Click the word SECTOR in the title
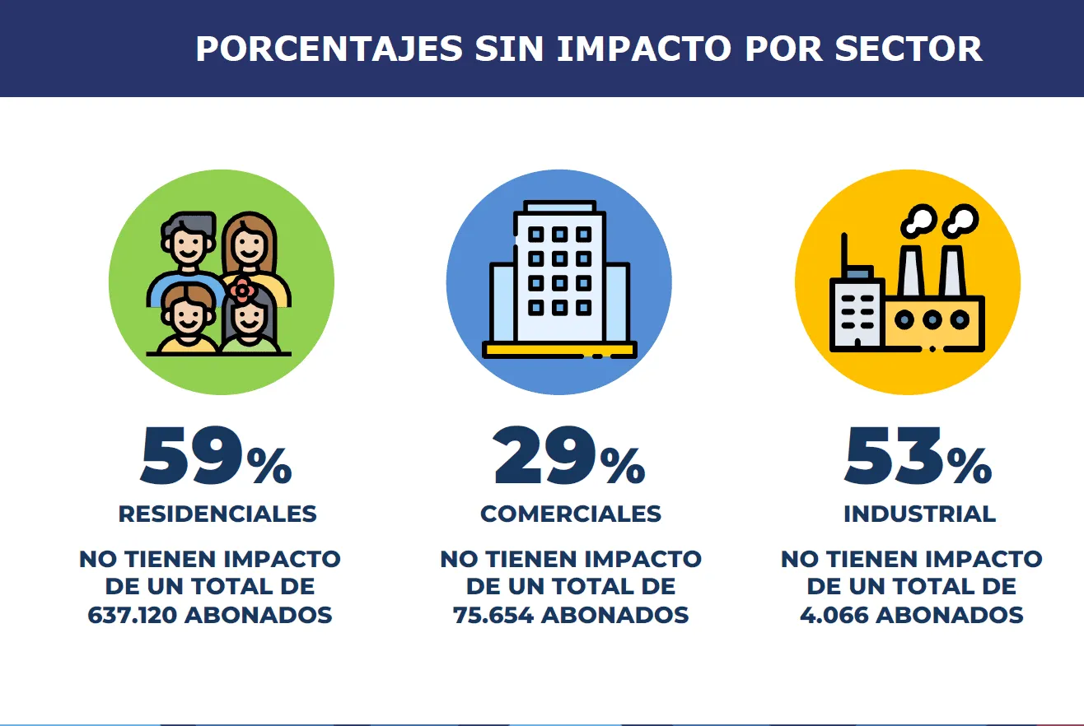909,49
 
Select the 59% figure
217,455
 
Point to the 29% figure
569,455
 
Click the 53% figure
918,455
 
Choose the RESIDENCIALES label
217,514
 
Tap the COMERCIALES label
571,514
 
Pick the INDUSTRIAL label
919,514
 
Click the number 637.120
132,615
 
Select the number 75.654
493,615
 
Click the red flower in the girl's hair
242,290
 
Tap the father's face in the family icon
189,244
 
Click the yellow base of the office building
559,350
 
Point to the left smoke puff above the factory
918,221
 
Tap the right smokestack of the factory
952,271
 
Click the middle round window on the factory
932,319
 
